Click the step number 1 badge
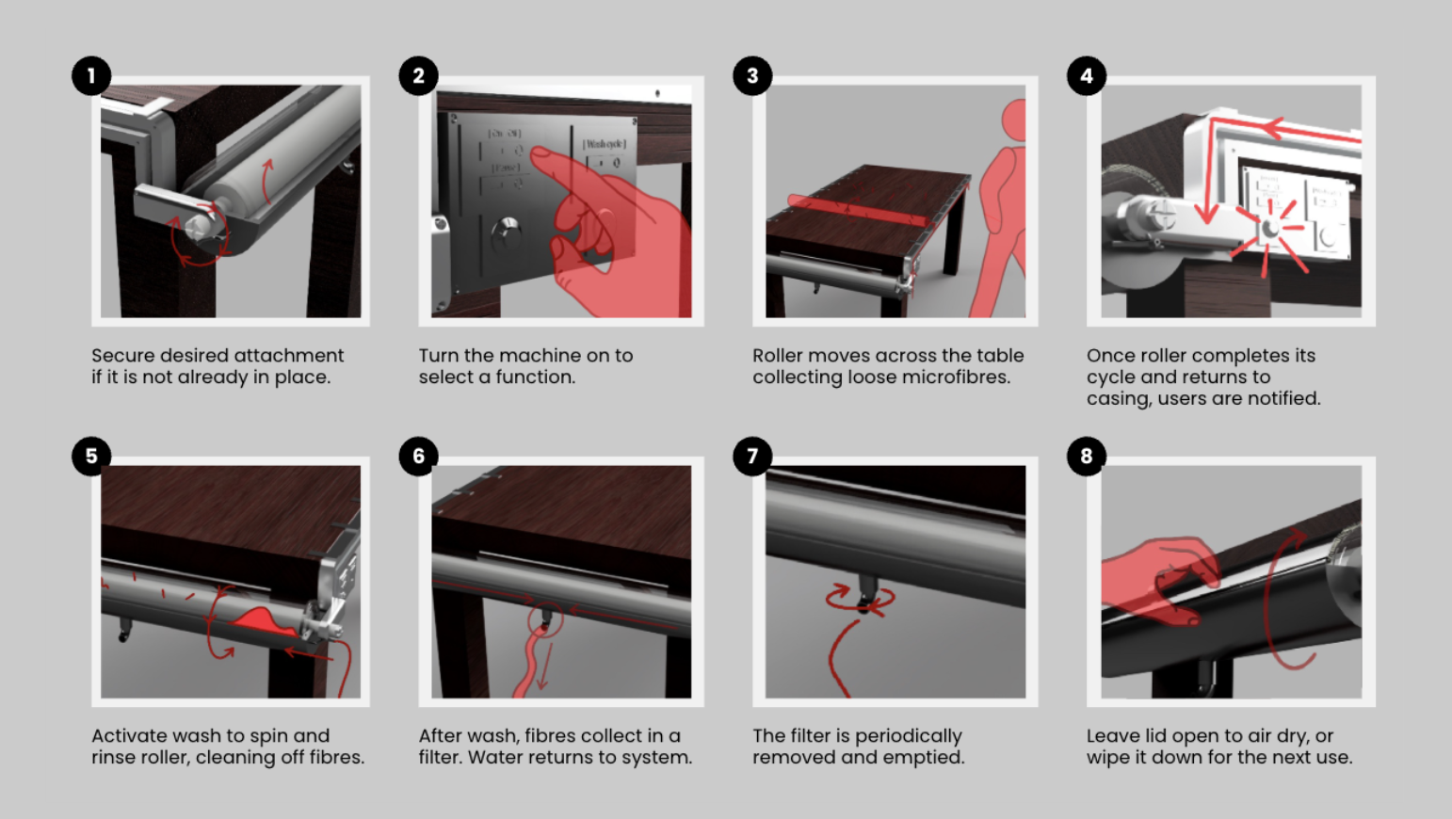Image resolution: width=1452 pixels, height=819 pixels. coord(91,76)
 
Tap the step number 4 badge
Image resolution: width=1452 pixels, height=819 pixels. coord(1086,76)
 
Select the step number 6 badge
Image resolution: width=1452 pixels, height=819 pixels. coord(419,457)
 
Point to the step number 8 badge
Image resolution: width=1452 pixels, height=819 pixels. coord(1086,457)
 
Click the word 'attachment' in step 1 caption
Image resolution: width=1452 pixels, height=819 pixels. coord(294,356)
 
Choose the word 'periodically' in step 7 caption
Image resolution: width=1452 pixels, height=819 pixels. coord(908,736)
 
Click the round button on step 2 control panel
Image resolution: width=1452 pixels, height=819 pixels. coord(507,230)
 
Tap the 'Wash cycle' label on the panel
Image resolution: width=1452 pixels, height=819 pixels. coord(604,144)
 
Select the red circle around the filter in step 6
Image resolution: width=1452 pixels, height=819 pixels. coord(545,618)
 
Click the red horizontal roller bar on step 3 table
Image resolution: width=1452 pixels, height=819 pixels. coord(857,210)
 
